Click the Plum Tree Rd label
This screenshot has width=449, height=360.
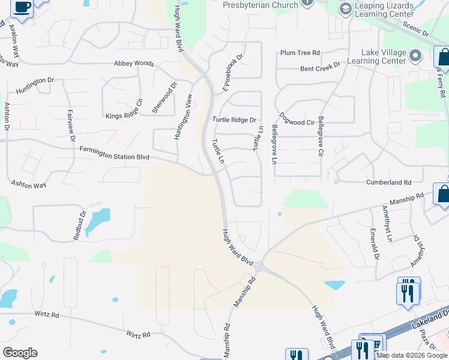pyautogui.click(x=300, y=53)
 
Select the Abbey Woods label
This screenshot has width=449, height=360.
pyautogui.click(x=134, y=63)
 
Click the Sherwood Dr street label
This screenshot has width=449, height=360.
pyautogui.click(x=164, y=98)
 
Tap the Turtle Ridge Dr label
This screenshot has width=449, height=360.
pyautogui.click(x=235, y=120)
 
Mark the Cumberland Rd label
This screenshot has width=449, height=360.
pyautogui.click(x=389, y=182)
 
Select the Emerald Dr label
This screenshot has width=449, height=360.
pyautogui.click(x=374, y=245)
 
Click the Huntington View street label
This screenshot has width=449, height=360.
pyautogui.click(x=184, y=117)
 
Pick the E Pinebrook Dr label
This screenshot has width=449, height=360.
pyautogui.click(x=233, y=73)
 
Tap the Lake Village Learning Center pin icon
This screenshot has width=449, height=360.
pyautogui.click(x=415, y=56)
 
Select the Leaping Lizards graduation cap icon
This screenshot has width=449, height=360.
pyautogui.click(x=345, y=9)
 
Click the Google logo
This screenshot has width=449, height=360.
pyautogui.click(x=20, y=353)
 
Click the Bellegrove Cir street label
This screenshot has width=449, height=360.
pyautogui.click(x=321, y=137)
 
